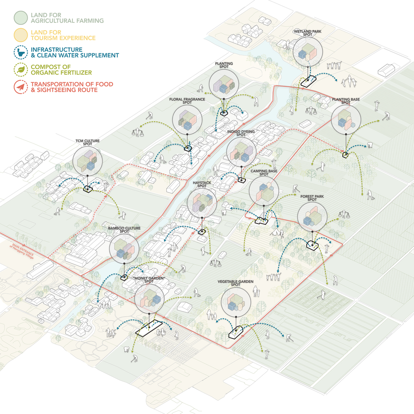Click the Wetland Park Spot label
pos(308,34)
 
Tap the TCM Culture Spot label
pos(87,143)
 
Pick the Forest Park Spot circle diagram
pos(312,217)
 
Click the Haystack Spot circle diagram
pos(202,202)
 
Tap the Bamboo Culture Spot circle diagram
pos(124,248)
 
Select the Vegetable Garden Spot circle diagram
pos(236,301)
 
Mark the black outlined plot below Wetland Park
pos(308,82)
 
